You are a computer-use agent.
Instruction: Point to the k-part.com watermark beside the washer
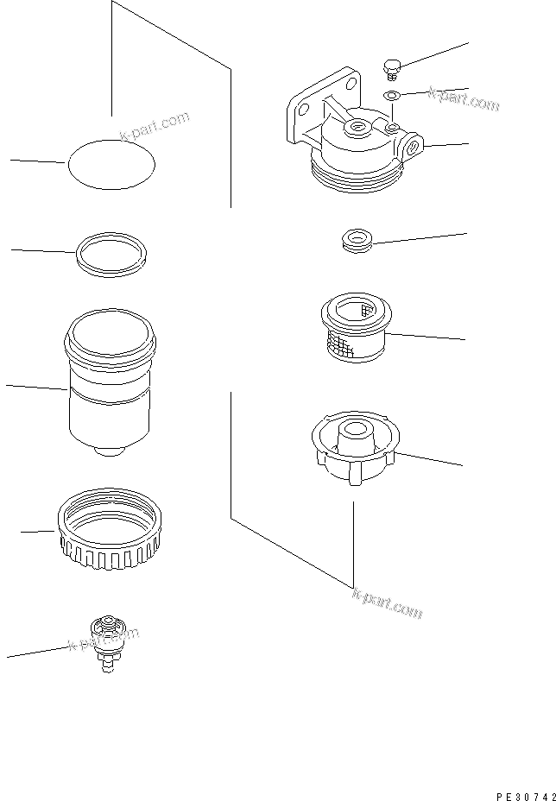[464, 99]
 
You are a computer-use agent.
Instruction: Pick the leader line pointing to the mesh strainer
[427, 337]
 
